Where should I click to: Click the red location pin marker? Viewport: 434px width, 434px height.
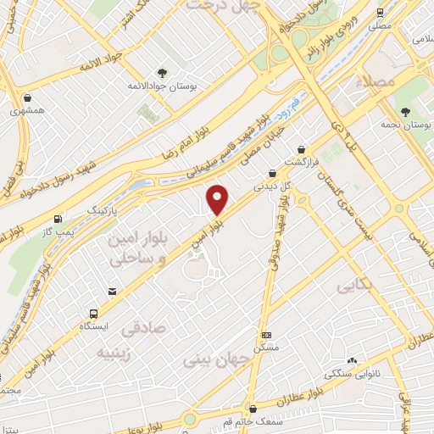218,199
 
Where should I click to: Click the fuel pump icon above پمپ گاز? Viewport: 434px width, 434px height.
58,217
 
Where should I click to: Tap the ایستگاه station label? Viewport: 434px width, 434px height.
93,325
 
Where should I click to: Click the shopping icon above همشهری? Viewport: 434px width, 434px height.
28,97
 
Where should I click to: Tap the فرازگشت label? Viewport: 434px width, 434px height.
300,161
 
